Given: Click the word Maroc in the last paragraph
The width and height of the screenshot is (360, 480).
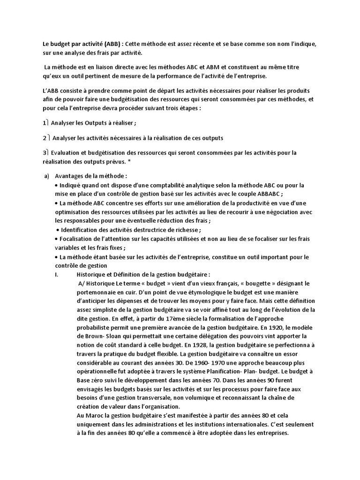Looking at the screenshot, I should (x=94, y=416).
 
